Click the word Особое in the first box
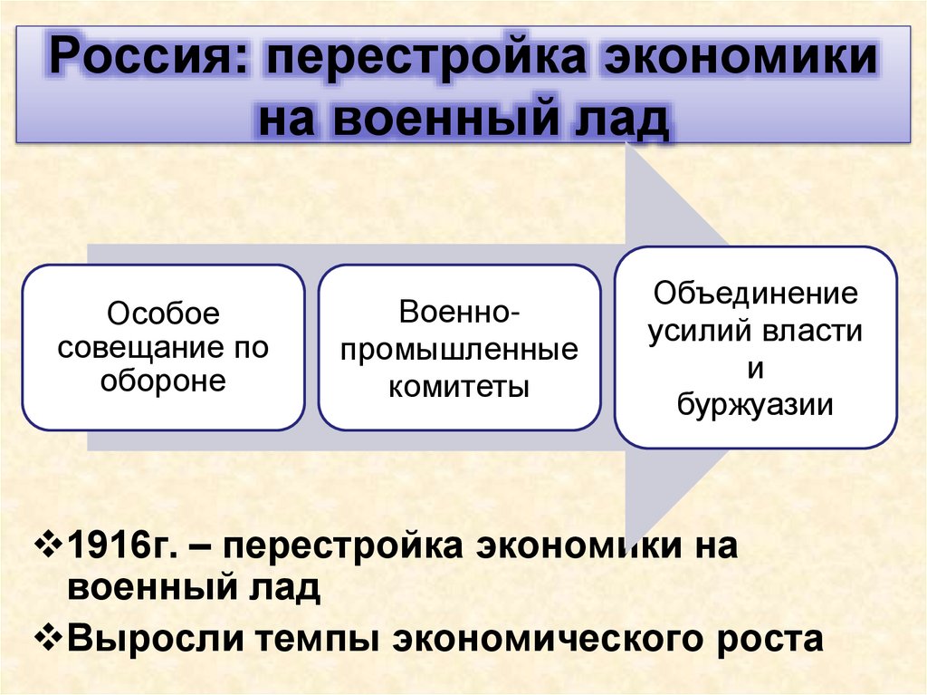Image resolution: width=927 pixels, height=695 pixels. pos(164,315)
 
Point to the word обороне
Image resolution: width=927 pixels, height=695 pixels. pos(164,381)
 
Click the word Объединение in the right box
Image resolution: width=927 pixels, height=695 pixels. pos(755,294)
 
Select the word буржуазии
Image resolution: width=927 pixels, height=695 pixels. pos(755,404)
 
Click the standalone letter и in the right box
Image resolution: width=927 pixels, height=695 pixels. pos(756,368)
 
